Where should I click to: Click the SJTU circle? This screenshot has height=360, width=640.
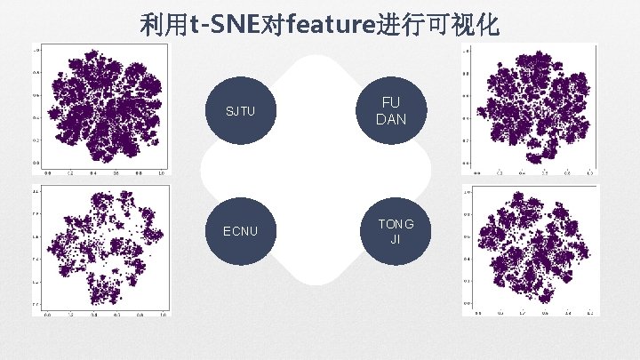[x=240, y=111]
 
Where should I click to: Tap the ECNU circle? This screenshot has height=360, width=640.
[x=240, y=232]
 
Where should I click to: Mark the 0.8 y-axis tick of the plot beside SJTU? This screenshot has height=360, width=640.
[x=37, y=73]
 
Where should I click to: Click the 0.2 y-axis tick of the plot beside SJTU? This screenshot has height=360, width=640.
[x=37, y=140]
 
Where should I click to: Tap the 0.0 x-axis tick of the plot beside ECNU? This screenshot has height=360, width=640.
[x=48, y=314]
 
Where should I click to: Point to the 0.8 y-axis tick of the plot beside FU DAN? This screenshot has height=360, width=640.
[x=468, y=73]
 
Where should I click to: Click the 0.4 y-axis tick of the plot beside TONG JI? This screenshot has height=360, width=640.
[x=468, y=259]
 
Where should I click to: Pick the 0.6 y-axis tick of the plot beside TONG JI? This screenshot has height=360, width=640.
[x=468, y=236]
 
